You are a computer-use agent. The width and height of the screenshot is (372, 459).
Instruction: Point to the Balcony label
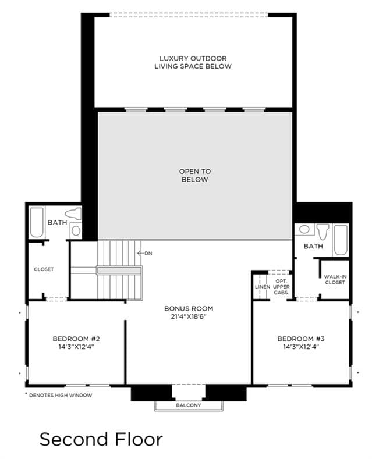[x=189, y=405]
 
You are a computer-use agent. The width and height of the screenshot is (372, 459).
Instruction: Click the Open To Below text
[x=195, y=175]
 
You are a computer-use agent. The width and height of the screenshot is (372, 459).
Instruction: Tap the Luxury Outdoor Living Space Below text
[x=193, y=62]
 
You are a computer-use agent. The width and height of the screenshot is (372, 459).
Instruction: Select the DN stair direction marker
[x=145, y=253]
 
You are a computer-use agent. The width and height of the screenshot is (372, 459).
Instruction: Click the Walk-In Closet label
[x=335, y=280]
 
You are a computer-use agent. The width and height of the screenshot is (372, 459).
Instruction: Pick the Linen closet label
[x=263, y=287]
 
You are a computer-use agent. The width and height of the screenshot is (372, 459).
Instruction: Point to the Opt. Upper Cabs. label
[x=281, y=287]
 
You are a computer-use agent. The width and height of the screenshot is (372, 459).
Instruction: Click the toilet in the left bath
[x=73, y=214]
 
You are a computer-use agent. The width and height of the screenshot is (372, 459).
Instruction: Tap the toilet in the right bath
[x=323, y=232]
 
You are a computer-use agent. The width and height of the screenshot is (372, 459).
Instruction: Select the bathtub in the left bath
[x=37, y=222]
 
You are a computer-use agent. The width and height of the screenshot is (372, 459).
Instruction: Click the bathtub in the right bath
[x=341, y=240]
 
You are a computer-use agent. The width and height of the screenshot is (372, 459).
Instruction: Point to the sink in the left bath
[x=76, y=231]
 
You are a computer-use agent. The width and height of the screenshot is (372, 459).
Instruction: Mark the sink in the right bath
[x=304, y=229]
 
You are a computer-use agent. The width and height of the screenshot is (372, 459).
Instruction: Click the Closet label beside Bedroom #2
[x=44, y=269]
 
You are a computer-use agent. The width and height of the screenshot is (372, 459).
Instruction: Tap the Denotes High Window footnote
[x=59, y=395]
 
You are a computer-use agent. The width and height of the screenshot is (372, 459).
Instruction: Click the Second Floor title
[x=101, y=439]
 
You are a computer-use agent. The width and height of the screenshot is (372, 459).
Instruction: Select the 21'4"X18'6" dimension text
[x=189, y=316]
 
